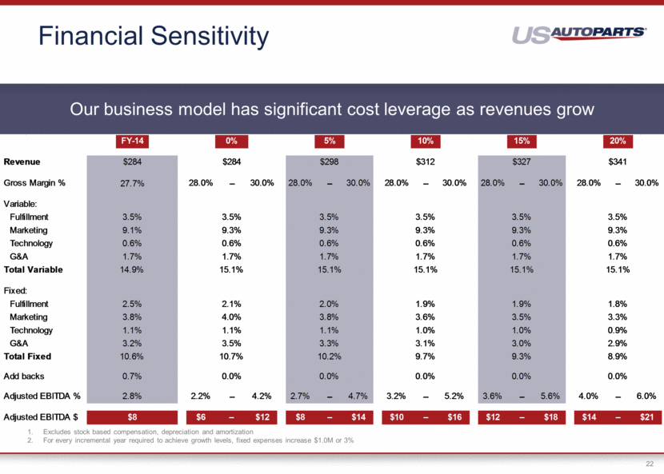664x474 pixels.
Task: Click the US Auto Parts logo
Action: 579,34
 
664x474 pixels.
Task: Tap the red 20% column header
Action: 618,141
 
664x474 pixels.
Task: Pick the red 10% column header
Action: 426,141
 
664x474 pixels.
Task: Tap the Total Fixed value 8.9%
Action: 618,356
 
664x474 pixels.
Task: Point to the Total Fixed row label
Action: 29,356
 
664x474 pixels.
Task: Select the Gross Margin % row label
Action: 34,183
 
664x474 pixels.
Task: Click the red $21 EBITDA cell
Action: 646,417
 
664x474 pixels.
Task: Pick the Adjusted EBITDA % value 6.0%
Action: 646,396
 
